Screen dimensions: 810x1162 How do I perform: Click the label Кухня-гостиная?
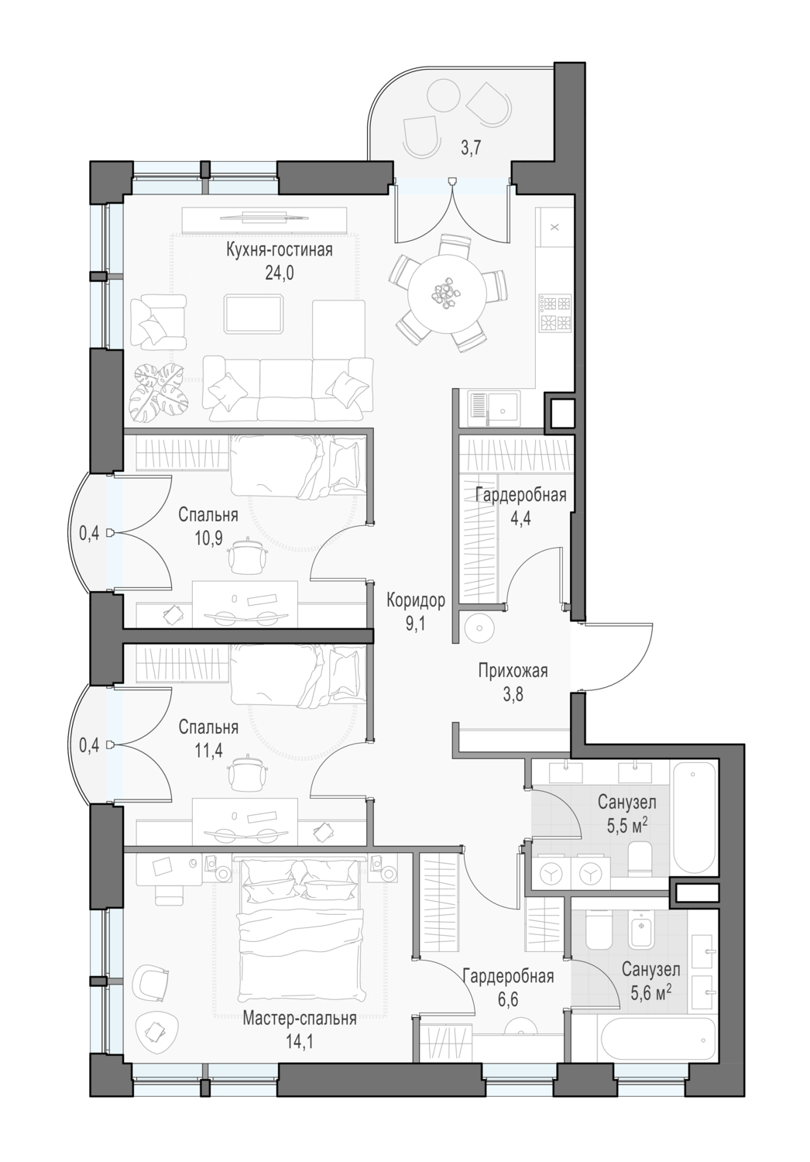[x=279, y=250]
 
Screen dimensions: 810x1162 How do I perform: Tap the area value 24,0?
[x=280, y=273]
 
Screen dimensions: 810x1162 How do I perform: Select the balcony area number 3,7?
[x=472, y=149]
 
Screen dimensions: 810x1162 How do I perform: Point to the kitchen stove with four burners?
[x=555, y=313]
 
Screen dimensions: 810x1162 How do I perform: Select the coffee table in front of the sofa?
[x=254, y=314]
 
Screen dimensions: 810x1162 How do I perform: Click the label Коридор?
[x=415, y=600]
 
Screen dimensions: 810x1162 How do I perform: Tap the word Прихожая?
[x=513, y=671]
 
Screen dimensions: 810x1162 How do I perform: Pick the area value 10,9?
[x=208, y=538]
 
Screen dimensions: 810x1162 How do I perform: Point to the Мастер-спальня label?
[x=300, y=1019]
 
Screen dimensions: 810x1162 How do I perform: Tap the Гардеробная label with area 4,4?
[x=520, y=495]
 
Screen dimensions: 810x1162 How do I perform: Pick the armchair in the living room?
[x=158, y=322]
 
